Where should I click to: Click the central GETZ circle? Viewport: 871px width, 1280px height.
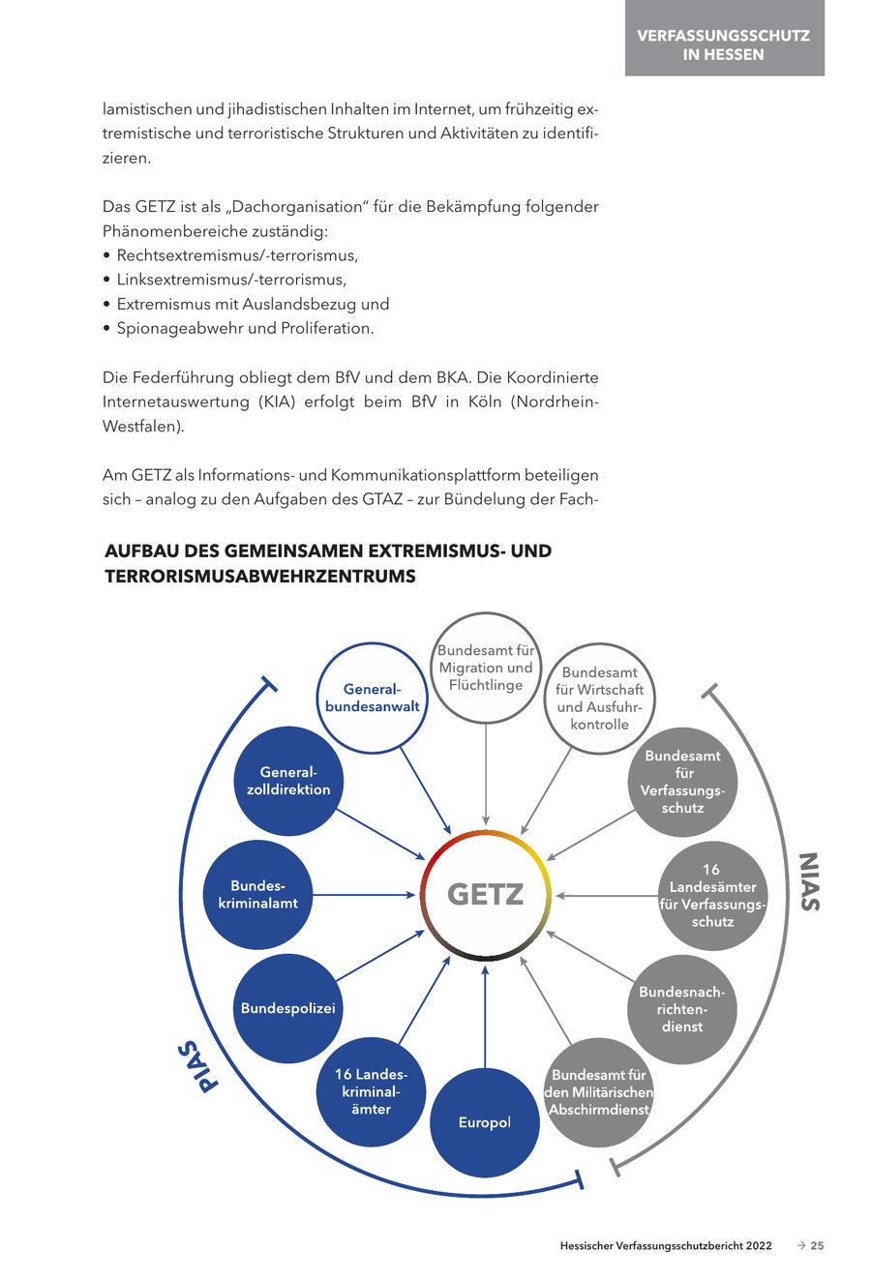click(486, 895)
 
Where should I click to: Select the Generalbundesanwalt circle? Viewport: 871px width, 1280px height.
click(373, 699)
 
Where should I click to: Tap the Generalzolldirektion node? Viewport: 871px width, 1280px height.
click(288, 781)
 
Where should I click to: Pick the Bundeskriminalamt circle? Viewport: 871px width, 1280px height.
click(258, 895)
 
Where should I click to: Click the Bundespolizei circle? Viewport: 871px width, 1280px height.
click(288, 1009)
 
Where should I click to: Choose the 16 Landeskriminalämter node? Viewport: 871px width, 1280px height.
click(372, 1092)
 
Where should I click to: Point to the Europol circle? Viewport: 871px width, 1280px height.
click(485, 1122)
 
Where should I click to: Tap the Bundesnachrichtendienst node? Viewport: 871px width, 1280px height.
click(682, 1009)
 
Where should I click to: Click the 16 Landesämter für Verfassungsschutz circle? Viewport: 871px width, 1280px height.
click(713, 896)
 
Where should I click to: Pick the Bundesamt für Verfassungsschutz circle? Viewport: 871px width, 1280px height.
click(682, 782)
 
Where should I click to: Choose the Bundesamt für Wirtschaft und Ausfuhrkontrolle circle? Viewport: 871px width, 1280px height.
click(600, 699)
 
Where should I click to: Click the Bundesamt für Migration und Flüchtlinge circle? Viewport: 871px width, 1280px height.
click(486, 668)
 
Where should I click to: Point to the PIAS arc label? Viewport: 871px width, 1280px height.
click(197, 1066)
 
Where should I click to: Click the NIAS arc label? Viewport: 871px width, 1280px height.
click(809, 880)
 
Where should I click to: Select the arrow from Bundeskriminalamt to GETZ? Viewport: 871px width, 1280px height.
click(363, 895)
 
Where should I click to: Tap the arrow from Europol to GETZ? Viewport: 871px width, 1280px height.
click(486, 1016)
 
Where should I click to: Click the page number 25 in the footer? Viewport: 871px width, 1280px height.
click(818, 1246)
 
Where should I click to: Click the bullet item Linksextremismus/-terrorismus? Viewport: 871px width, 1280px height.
click(231, 280)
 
